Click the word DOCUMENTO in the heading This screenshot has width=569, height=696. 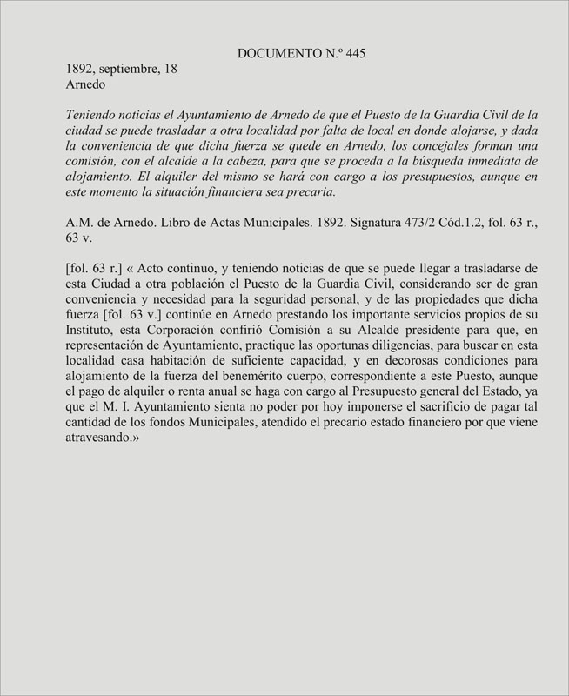click(x=278, y=54)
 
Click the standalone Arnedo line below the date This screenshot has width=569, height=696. click(x=85, y=86)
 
